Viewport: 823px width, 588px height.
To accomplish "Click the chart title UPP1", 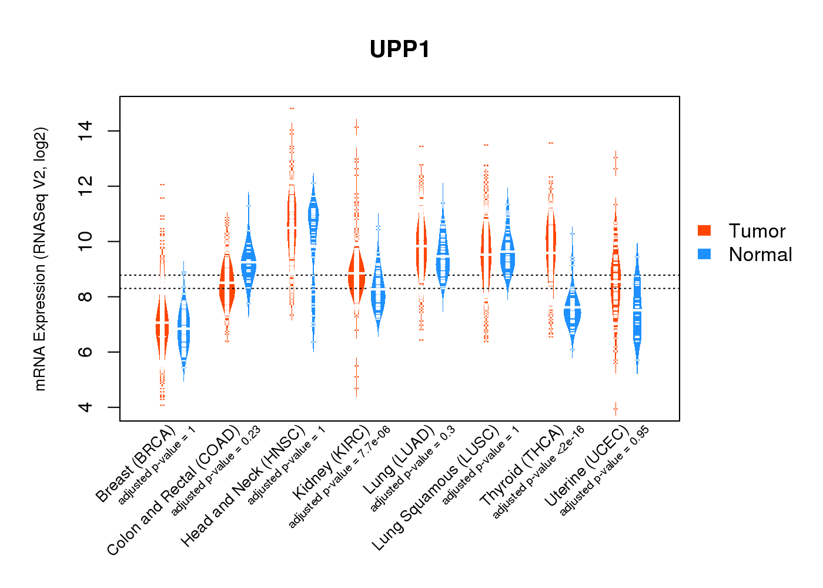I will (x=400, y=49).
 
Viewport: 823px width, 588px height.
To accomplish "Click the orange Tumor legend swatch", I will (x=704, y=230).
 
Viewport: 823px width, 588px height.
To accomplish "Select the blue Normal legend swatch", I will (x=704, y=254).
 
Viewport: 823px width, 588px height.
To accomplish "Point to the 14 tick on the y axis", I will (x=86, y=131).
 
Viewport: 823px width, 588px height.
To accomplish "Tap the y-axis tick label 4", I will (x=86, y=407).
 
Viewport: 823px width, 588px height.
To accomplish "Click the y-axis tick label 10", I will (x=86, y=241).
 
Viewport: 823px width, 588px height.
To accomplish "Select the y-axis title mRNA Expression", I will (x=40, y=259).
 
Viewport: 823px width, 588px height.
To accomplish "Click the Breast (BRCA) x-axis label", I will (x=136, y=464).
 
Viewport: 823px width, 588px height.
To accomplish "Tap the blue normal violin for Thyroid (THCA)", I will (x=572, y=312).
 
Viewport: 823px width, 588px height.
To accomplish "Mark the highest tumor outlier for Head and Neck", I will (x=292, y=109).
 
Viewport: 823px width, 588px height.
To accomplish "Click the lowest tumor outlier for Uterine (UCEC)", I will (x=615, y=409).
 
